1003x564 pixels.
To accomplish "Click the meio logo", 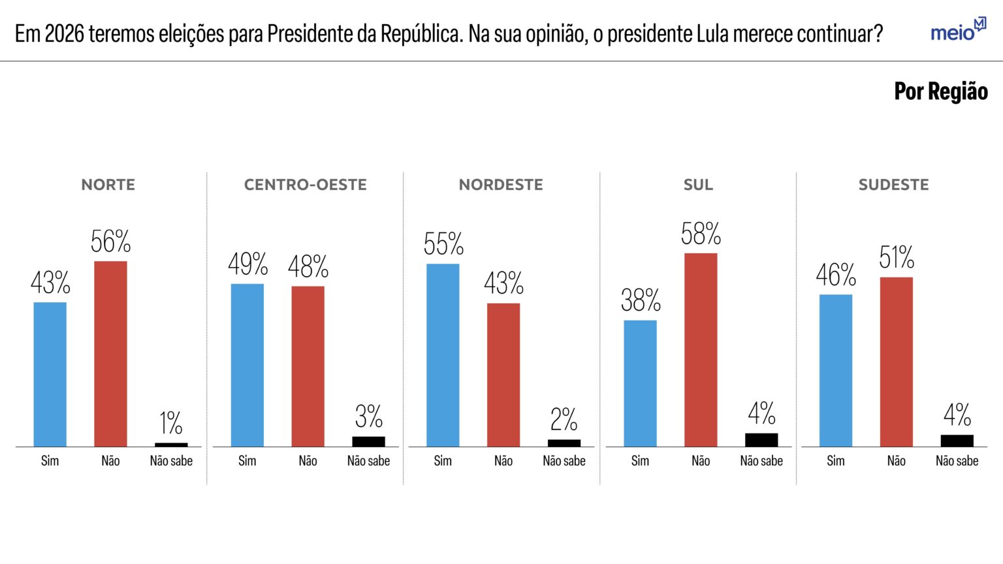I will pos(957,30).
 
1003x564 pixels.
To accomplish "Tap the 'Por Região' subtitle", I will pos(940,91).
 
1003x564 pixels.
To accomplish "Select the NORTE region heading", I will pos(108,185).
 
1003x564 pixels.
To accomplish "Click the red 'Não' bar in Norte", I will pos(110,354).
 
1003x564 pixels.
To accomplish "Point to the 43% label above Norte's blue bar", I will pos(50,283).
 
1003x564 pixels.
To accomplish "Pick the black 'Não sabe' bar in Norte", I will pos(171,445).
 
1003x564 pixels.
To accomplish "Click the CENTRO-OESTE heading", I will pos(305,185).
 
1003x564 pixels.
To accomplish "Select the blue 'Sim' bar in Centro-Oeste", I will pos(247,365).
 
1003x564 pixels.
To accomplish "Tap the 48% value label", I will pos(308,266).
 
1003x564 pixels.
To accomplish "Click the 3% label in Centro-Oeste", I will pos(368,416).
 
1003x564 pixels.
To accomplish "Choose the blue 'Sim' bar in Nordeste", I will pos(443,355).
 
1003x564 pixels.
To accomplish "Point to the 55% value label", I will pos(443,244).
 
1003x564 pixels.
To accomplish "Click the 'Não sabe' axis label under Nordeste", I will pos(564,461).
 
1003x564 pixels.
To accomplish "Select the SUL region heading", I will pos(698,185).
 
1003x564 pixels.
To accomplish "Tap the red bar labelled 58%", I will pos(701,349).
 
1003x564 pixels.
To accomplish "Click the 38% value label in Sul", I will pos(641,300).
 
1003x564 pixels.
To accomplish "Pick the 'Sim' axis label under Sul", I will pos(640,461).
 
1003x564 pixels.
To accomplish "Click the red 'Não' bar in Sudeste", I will pos(896,362).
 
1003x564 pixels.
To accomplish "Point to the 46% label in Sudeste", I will pos(836,275).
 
